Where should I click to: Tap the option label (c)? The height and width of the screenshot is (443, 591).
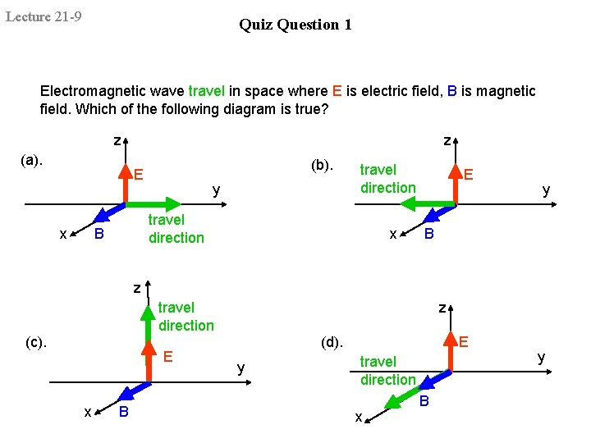coord(35,342)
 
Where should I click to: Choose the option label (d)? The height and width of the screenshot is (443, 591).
coord(331,341)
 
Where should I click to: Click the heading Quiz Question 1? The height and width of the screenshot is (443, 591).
coord(295,25)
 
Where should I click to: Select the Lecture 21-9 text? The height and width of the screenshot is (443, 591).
coord(44,16)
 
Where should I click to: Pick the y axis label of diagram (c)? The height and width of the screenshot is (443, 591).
coord(241,368)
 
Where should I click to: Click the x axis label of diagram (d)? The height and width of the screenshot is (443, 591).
coord(358,417)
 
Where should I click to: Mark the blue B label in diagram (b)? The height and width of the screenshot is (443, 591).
coord(427,235)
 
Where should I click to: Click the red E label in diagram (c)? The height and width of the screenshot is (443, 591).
coord(167,356)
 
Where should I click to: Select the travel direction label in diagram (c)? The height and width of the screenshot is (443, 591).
coord(186,317)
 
